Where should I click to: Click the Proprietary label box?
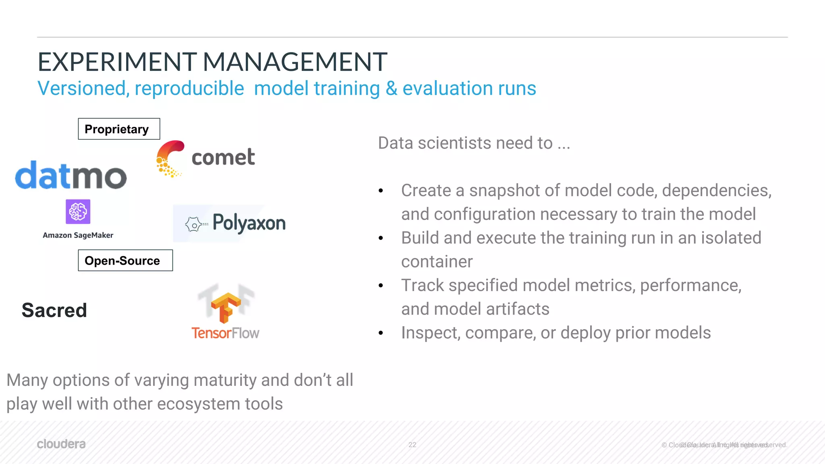pos(119,129)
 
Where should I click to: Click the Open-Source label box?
pos(125,261)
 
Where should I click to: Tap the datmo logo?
pos(71,176)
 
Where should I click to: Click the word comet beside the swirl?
pos(223,157)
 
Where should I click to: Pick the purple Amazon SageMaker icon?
pos(78,211)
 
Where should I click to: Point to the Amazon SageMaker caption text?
pos(78,235)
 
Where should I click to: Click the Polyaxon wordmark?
pos(249,223)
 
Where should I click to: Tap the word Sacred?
pos(54,310)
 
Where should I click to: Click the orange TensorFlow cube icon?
pos(226,307)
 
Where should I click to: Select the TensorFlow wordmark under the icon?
pos(225,333)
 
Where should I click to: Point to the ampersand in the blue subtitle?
pos(392,89)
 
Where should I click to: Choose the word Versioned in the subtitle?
pos(83,89)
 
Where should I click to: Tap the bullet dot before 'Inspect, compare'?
pos(381,333)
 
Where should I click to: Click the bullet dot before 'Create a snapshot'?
pos(381,191)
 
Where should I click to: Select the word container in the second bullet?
pos(437,262)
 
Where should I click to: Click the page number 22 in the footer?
pos(412,445)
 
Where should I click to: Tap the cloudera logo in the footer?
pos(61,444)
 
